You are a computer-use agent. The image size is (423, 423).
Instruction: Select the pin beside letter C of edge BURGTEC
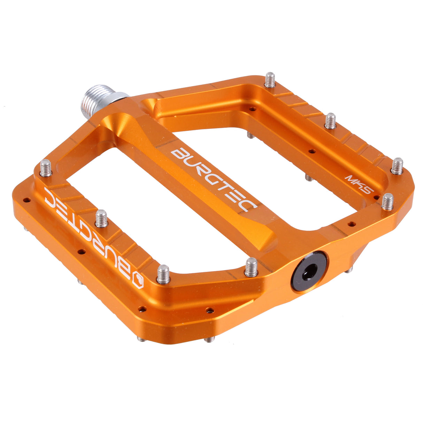(46, 168)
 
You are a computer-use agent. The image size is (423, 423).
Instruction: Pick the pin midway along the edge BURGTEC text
(101, 218)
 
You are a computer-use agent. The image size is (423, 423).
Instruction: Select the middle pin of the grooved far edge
(330, 120)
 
